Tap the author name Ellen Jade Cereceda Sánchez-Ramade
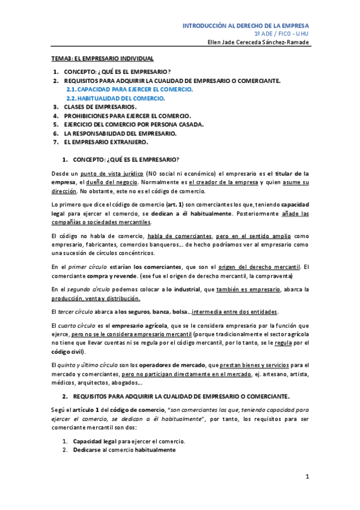pyautogui.click(x=258, y=42)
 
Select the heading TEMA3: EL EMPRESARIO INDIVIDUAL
pyautogui.click(x=102, y=58)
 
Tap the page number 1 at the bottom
pyautogui.click(x=307, y=477)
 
